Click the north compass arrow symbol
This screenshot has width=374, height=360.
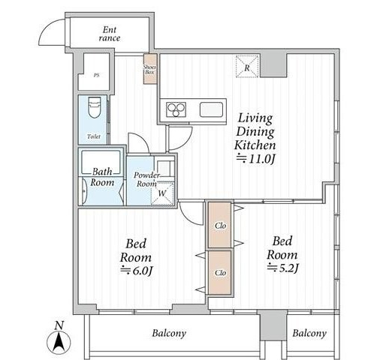click(59, 342)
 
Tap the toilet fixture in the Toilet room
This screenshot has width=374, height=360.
click(95, 107)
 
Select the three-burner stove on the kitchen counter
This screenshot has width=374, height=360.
click(176, 109)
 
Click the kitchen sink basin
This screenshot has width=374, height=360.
click(211, 109)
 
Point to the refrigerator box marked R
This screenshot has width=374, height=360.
click(247, 66)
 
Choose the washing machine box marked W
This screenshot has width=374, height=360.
click(162, 193)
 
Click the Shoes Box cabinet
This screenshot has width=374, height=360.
click(150, 69)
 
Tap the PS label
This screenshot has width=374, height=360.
click(96, 75)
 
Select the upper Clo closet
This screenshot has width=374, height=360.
click(220, 225)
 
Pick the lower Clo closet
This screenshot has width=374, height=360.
click(220, 272)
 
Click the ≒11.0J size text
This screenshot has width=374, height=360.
click(256, 159)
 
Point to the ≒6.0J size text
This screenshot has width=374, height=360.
click(136, 271)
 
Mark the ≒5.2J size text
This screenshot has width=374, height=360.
click(283, 268)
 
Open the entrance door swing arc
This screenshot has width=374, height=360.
click(45, 28)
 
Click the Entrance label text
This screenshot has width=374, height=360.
click(110, 34)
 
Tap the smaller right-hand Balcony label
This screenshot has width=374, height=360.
click(309, 334)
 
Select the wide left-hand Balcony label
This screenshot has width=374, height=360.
click(169, 334)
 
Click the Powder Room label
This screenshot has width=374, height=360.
click(146, 179)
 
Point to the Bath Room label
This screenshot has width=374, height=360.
click(102, 177)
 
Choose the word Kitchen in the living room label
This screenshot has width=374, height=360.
click(255, 145)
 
